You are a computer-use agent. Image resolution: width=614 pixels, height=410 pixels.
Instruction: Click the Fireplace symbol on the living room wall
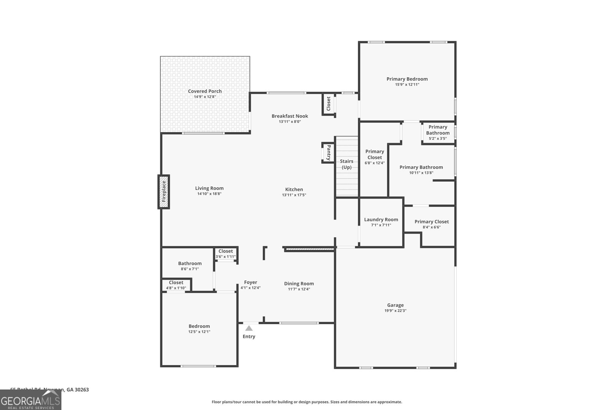[x=164, y=192]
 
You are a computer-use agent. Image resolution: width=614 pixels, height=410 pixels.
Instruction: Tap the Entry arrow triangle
[x=249, y=328]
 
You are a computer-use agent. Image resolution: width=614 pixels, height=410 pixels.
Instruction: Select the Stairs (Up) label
[x=347, y=164]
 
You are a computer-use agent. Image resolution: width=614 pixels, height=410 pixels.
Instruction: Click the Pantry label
[x=328, y=153]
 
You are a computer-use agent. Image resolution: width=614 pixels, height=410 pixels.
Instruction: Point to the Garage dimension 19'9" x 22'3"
[x=395, y=310]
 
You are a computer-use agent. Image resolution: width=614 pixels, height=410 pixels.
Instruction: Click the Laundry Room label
[x=381, y=219]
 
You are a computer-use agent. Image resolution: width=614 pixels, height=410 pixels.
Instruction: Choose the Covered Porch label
[x=205, y=91]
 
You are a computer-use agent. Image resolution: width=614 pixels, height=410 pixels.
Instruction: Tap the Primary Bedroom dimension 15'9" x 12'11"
[x=407, y=84]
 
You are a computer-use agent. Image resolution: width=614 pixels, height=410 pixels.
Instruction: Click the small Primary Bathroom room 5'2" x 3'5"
[x=438, y=132]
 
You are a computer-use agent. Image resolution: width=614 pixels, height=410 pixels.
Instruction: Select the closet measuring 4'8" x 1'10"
[x=176, y=285]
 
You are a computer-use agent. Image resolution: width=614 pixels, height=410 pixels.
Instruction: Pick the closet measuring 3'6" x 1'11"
[x=226, y=254]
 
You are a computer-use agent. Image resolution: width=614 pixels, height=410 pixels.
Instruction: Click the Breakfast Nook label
[x=290, y=116]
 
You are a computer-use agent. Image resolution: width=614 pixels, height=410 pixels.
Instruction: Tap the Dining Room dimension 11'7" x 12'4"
[x=299, y=289]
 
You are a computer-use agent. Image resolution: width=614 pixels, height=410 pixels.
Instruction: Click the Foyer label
[x=251, y=282]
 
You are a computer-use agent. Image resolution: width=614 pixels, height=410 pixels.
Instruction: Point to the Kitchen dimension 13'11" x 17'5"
[x=294, y=195]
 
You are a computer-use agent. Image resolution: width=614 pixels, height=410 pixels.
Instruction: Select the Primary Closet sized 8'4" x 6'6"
[x=432, y=224]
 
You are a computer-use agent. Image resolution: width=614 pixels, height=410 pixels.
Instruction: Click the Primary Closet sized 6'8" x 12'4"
[x=375, y=157]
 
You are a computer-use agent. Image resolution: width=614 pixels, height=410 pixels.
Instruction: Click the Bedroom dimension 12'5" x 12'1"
[x=199, y=332]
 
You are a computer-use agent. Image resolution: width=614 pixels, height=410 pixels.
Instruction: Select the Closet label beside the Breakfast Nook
[x=328, y=104]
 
